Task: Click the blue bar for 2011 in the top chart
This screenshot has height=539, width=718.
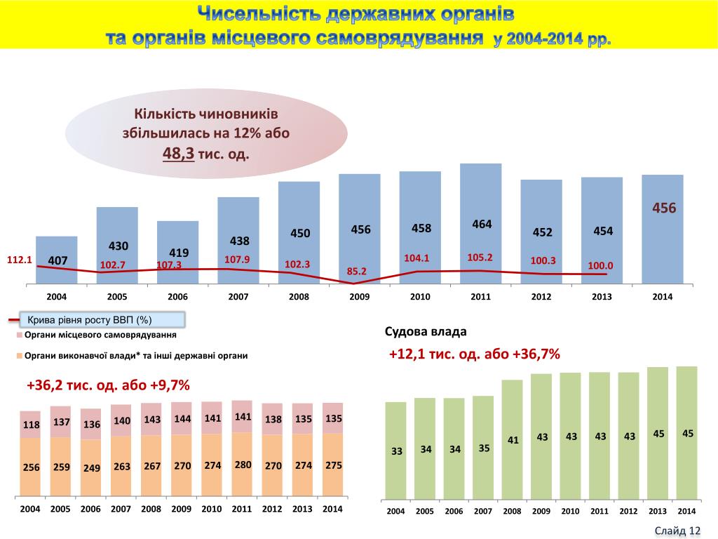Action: pyautogui.click(x=480, y=197)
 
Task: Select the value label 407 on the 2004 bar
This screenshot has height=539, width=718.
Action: pyautogui.click(x=57, y=261)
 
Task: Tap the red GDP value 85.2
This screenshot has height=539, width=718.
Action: pyautogui.click(x=357, y=271)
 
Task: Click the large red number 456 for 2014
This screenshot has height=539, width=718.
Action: pyautogui.click(x=663, y=208)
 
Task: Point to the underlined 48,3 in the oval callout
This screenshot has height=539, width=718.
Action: pyautogui.click(x=178, y=153)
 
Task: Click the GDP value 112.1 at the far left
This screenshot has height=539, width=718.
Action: pyautogui.click(x=20, y=260)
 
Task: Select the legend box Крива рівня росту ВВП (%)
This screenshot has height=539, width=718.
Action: pyautogui.click(x=102, y=320)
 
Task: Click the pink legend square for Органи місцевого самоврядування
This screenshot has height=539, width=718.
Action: pyautogui.click(x=20, y=335)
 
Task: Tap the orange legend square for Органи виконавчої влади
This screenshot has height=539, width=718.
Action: pyautogui.click(x=20, y=356)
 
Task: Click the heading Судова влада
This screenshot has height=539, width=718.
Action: pyautogui.click(x=426, y=331)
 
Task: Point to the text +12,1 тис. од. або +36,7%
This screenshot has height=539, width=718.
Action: pyautogui.click(x=475, y=354)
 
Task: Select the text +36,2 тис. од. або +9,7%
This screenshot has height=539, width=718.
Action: pyautogui.click(x=109, y=385)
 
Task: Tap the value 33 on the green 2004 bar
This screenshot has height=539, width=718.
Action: pyautogui.click(x=397, y=451)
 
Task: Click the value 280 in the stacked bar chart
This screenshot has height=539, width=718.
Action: pyautogui.click(x=243, y=465)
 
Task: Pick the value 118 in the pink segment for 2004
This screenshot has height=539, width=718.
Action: pyautogui.click(x=32, y=425)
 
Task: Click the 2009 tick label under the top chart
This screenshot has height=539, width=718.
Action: pyautogui.click(x=359, y=297)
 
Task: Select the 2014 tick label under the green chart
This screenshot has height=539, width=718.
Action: pyautogui.click(x=686, y=511)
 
